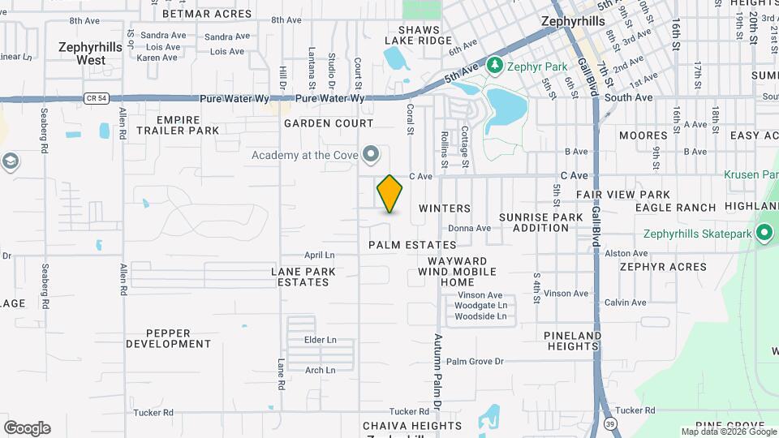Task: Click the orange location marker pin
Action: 389,194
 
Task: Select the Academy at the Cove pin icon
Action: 372,153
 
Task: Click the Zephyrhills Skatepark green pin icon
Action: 764,234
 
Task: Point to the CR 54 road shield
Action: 95,99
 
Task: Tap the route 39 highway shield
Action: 609,423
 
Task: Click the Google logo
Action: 27,428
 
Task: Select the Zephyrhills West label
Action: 90,54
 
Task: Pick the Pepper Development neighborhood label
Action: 169,338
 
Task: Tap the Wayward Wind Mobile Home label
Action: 457,271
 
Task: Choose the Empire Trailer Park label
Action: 178,124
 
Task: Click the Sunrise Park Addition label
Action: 540,222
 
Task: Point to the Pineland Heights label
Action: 572,341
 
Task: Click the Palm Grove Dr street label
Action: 475,361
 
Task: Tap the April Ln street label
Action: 319,255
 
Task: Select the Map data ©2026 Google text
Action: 728,432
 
